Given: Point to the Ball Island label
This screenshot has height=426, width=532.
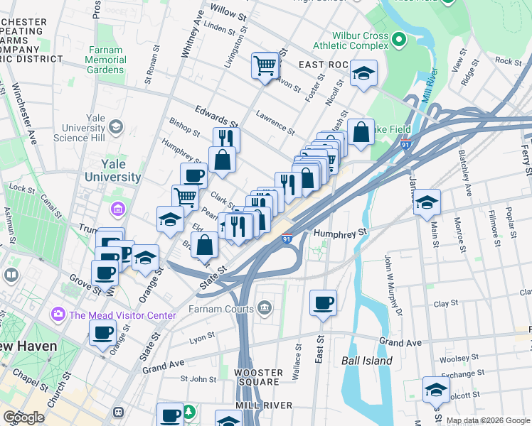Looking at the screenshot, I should coord(366,361).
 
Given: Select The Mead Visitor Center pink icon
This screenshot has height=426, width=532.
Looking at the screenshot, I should coord(58,314).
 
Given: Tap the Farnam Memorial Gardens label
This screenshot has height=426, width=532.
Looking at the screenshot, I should coord(107,60).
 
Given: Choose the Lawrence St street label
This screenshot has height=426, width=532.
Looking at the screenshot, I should coord(275,123).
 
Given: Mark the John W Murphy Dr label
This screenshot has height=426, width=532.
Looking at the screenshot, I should coord(393,277).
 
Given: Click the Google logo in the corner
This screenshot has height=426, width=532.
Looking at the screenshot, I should coord(24,417).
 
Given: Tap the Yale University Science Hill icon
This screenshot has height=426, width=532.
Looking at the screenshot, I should coord(115,127).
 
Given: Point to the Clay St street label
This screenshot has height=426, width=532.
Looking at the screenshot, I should coord(446,303).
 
